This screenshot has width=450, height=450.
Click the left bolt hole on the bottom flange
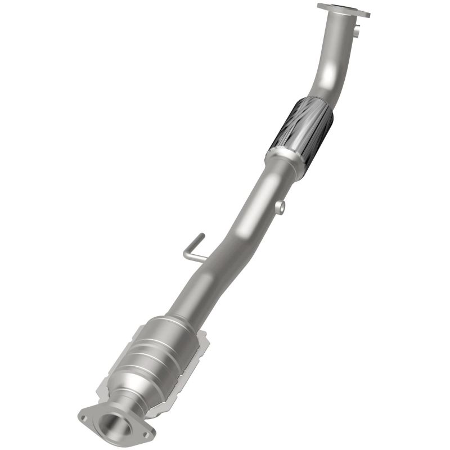(x=83, y=418)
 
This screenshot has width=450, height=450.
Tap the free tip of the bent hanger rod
(x=203, y=237)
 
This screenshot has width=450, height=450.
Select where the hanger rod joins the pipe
(x=206, y=260)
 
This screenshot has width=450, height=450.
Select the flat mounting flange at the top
(x=343, y=10)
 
